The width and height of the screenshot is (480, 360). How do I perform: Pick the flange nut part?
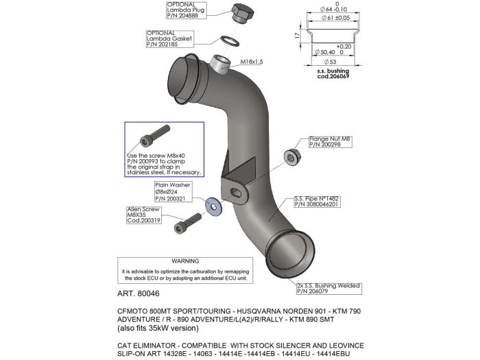291,157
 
